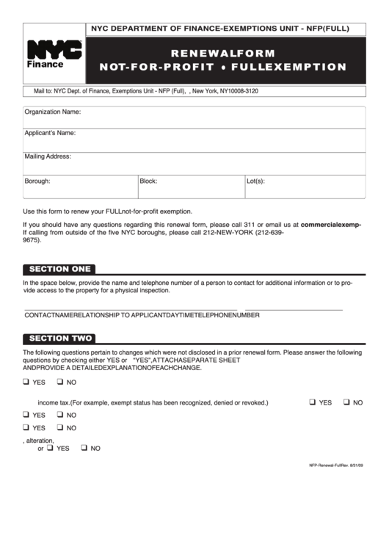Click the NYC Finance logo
(x=54, y=54)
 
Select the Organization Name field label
(x=52, y=113)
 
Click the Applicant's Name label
(x=50, y=134)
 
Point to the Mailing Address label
(x=48, y=156)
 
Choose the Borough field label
(x=37, y=181)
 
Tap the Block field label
(x=148, y=181)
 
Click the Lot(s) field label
(x=255, y=181)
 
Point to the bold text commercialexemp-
(x=331, y=225)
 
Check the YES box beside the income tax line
(x=313, y=402)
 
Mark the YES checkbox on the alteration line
(x=50, y=447)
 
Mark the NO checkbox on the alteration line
(x=84, y=447)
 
